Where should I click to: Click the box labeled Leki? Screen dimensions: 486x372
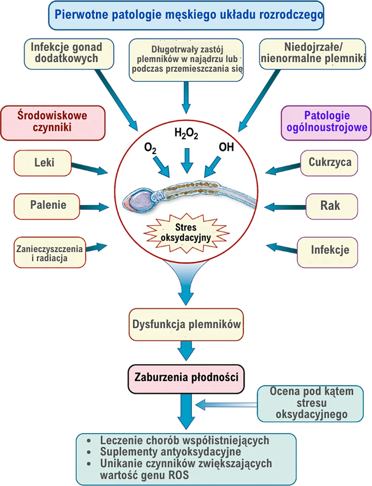click(43, 163)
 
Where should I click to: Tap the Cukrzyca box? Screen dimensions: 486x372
click(329, 162)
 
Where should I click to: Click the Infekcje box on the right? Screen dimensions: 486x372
click(328, 250)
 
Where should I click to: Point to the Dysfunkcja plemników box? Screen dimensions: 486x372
click(186, 325)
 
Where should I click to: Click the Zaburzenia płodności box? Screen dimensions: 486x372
click(186, 377)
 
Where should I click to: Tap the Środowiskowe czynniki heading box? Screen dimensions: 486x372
click(53, 122)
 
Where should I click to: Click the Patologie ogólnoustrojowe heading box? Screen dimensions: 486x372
click(326, 122)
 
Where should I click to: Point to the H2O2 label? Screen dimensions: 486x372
click(186, 134)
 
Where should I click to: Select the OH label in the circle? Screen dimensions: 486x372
click(226, 147)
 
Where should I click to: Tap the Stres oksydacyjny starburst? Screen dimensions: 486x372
click(186, 233)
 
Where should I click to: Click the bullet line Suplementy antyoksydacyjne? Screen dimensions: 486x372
click(171, 452)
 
